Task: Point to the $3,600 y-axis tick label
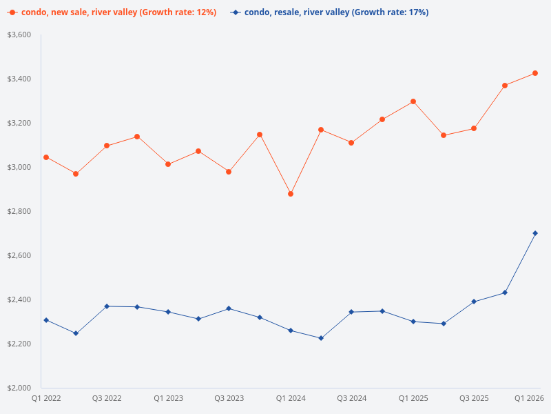[x=19, y=34]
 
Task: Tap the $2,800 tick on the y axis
[x=19, y=211]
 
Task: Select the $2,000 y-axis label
[x=19, y=388]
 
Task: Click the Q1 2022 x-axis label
[x=46, y=398]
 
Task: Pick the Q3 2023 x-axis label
[x=229, y=398]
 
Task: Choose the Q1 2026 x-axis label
[x=530, y=398]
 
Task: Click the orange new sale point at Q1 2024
[x=291, y=194]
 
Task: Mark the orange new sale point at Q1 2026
[x=535, y=73]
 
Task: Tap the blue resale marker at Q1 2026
[x=535, y=233]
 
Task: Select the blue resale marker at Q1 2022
[x=46, y=320]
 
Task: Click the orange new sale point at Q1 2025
[x=413, y=101]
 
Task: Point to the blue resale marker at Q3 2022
[x=107, y=306]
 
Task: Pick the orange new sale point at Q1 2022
[x=46, y=157]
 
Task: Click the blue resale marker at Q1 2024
[x=291, y=331]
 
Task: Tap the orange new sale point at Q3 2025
[x=474, y=128]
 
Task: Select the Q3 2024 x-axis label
[x=351, y=398]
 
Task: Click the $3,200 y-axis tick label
[x=19, y=123]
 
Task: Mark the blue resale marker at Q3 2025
[x=474, y=302]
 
